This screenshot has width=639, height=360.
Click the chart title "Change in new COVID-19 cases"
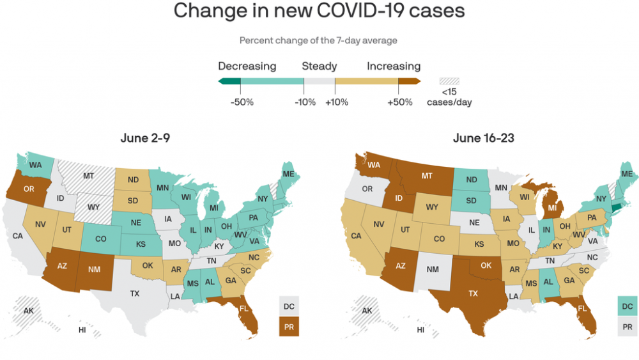[x=319, y=11]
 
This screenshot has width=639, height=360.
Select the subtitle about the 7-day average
[x=318, y=40]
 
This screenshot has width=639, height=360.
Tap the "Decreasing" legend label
[x=247, y=67]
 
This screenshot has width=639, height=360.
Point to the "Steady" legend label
[x=319, y=67]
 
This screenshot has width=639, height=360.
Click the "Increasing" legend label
[x=394, y=67]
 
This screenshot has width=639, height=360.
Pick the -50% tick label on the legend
[x=242, y=102]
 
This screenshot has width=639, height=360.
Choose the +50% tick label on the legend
[x=400, y=102]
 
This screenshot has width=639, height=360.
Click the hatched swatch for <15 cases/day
[x=449, y=81]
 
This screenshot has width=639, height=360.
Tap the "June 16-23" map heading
[x=484, y=138]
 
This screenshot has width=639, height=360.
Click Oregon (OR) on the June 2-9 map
[x=29, y=189]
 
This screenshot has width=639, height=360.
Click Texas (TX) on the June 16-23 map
[x=473, y=293]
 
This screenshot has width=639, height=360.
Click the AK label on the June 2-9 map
[x=28, y=311]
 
